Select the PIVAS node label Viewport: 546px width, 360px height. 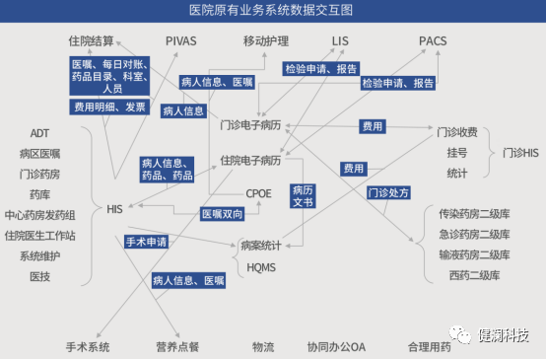click(182, 41)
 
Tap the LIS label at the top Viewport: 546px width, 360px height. click(341, 41)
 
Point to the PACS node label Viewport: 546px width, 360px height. click(434, 41)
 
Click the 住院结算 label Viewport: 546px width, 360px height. click(91, 41)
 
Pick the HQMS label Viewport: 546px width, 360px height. click(261, 266)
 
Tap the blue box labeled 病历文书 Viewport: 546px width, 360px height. click(303, 194)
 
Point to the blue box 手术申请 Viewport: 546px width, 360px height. click(146, 242)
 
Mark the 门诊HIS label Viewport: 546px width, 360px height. click(520, 153)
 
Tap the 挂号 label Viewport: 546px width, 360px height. click(456, 153)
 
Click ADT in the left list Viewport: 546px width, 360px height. click(39, 133)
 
